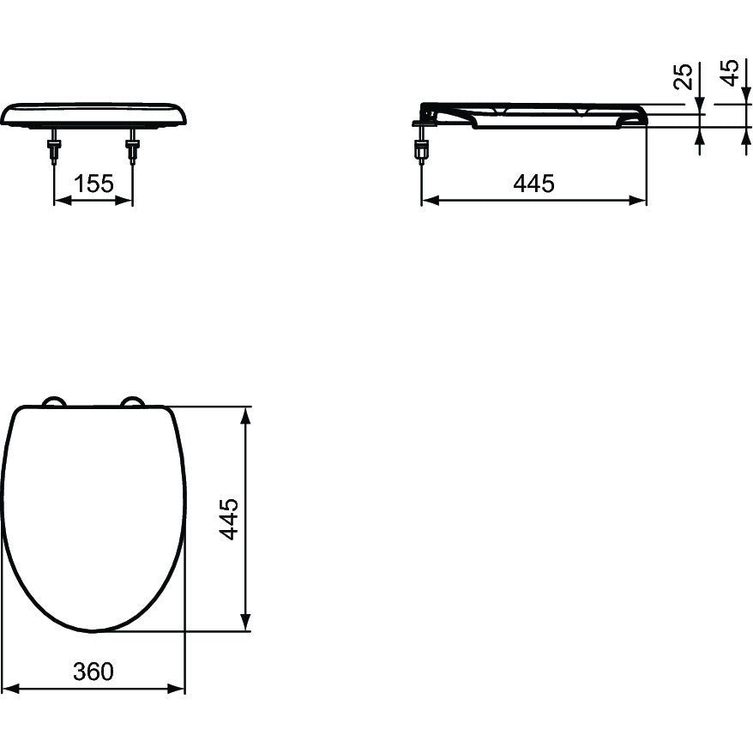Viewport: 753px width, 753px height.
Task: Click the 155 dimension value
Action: (x=93, y=184)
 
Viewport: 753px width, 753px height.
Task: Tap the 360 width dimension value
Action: (x=93, y=672)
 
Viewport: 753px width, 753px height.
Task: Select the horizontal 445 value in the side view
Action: (x=533, y=184)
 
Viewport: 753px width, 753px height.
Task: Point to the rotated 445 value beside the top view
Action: (x=229, y=519)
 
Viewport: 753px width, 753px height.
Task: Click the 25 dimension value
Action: (x=684, y=76)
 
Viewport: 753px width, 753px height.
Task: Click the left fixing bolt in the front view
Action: (x=54, y=147)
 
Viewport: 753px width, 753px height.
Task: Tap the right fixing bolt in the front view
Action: (x=131, y=147)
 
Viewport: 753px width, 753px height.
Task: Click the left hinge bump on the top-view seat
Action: (x=53, y=401)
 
